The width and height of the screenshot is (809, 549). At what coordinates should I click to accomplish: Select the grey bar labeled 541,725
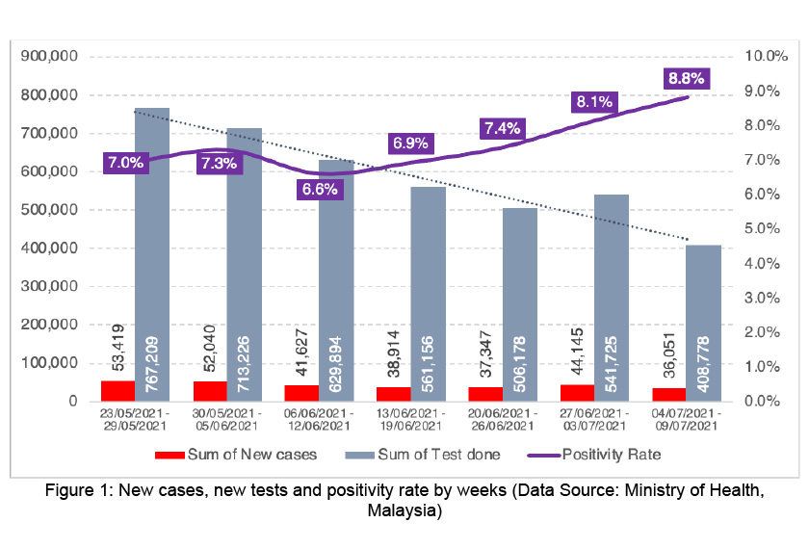click(612, 298)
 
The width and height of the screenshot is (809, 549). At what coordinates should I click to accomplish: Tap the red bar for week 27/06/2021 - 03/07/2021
click(576, 393)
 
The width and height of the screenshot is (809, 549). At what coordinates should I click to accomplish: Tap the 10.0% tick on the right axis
click(766, 57)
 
